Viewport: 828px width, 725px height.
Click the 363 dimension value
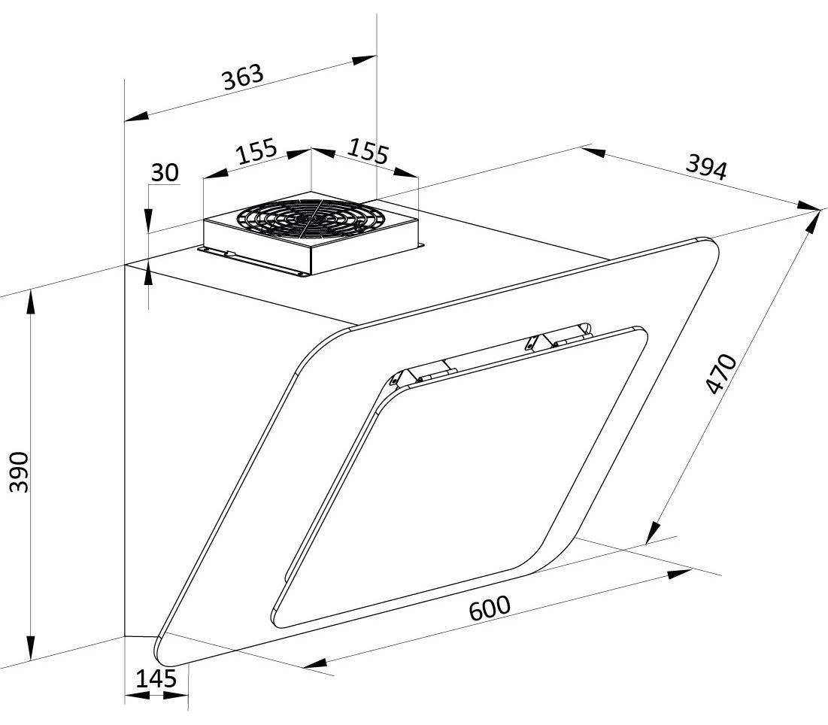tap(242, 77)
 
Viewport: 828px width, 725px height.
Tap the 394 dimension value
tap(706, 168)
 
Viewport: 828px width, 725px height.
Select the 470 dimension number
tap(721, 374)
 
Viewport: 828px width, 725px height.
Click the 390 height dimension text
tap(20, 472)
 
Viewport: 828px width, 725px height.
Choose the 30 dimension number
tap(165, 173)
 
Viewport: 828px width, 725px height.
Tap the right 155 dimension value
tap(368, 151)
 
